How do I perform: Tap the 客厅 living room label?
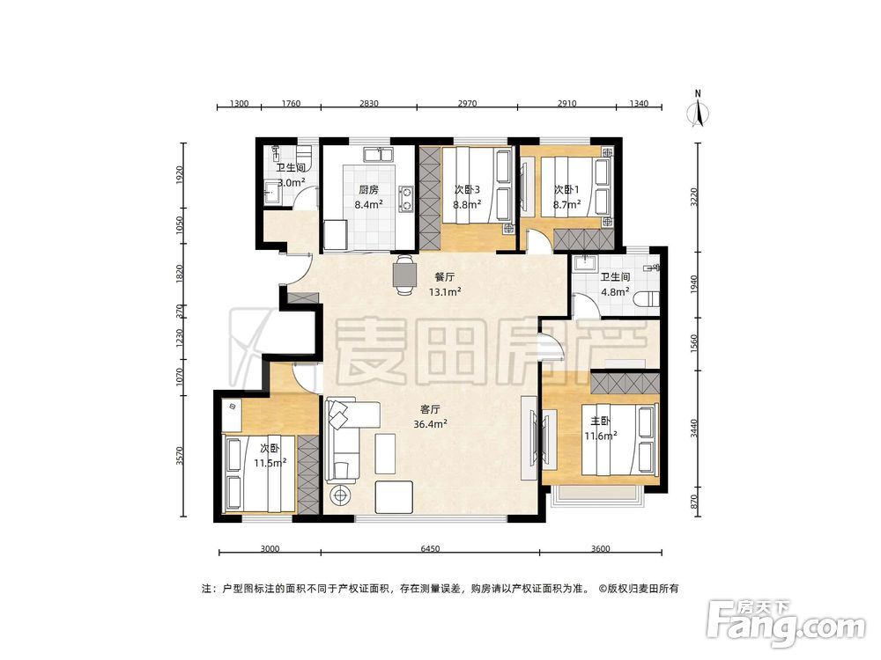pyautogui.click(x=430, y=409)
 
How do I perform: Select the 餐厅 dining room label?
pyautogui.click(x=444, y=276)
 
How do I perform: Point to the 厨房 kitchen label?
pyautogui.click(x=368, y=190)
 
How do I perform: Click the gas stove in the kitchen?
pyautogui.click(x=405, y=199)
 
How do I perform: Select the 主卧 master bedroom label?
pyautogui.click(x=599, y=421)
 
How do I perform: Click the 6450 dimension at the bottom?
pyautogui.click(x=430, y=549)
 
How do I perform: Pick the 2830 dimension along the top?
pyautogui.click(x=368, y=103)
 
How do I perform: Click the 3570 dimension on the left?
pyautogui.click(x=180, y=456)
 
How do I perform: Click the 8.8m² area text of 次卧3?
pyautogui.click(x=467, y=205)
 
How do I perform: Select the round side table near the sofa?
pyautogui.click(x=340, y=495)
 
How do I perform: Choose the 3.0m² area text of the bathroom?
pyautogui.click(x=291, y=182)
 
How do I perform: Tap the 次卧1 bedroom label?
pyautogui.click(x=566, y=190)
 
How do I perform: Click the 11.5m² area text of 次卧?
pyautogui.click(x=270, y=463)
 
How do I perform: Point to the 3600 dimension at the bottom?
pyautogui.click(x=600, y=549)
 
